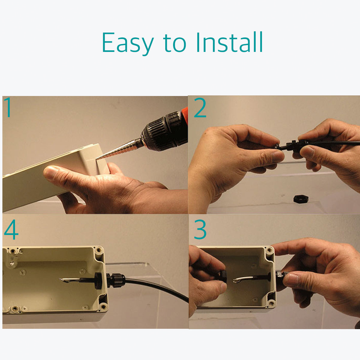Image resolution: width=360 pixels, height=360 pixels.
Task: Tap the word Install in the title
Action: (229, 42)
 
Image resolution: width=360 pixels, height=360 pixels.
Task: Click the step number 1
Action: (8, 107)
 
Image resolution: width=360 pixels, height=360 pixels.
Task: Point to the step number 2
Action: (200, 108)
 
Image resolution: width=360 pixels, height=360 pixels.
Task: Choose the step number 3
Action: (200, 229)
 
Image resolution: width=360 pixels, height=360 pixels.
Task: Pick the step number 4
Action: (11, 229)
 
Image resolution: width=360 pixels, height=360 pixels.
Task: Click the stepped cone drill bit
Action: (120, 149)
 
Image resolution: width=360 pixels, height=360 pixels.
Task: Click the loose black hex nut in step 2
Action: (301, 199)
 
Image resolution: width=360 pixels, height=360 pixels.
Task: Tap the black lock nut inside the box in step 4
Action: (98, 280)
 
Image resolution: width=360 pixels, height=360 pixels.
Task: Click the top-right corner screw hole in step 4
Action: (98, 250)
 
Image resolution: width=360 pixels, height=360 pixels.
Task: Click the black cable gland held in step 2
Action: (294, 144)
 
